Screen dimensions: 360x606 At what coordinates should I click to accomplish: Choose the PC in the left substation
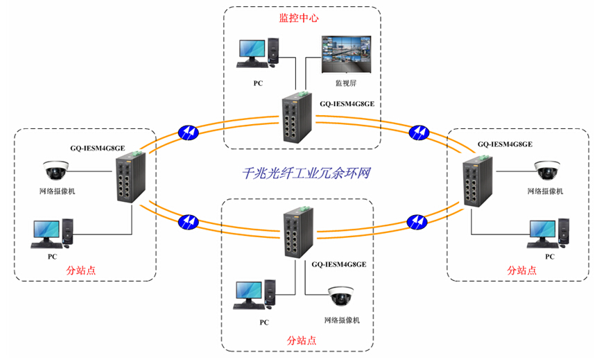coord(52,232)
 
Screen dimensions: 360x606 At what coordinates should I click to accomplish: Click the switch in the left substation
coord(130,177)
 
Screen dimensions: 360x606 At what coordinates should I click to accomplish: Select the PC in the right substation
coord(548,233)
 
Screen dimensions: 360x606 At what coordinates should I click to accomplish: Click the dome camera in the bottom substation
coord(341,296)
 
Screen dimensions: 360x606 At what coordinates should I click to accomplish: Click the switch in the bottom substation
coord(296,233)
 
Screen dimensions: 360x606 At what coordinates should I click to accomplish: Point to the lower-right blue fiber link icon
coord(416,221)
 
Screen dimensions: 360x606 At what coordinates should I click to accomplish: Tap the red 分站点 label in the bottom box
coord(302,341)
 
